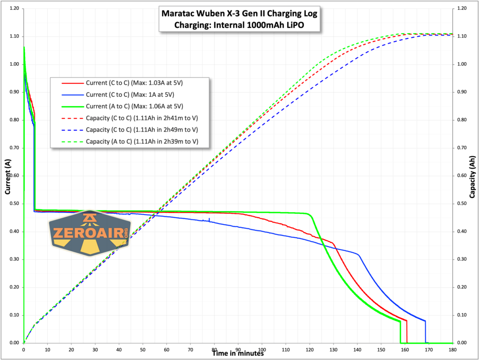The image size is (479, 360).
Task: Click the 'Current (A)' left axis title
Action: click(x=7, y=176)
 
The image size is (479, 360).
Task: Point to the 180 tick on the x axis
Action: click(x=452, y=349)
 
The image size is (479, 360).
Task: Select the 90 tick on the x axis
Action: click(x=238, y=349)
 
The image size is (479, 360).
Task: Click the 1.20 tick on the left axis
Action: click(x=13, y=9)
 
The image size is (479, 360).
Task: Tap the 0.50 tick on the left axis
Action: click(x=13, y=204)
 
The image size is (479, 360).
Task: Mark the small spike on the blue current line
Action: click(x=209, y=219)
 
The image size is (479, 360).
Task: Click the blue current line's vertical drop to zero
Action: click(x=425, y=332)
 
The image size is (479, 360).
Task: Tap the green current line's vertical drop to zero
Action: click(x=400, y=332)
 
